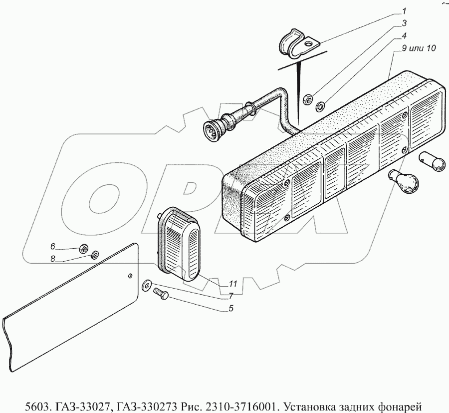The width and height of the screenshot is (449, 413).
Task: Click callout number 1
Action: point(405,11)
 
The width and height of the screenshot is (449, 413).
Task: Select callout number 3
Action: point(405,23)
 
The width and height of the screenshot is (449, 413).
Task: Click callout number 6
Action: point(52,246)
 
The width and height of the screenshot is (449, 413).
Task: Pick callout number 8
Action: point(52,259)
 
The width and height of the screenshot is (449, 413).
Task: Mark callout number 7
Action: point(231,296)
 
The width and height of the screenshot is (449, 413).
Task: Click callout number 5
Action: point(231,308)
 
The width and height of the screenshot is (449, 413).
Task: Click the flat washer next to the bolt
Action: point(147,285)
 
